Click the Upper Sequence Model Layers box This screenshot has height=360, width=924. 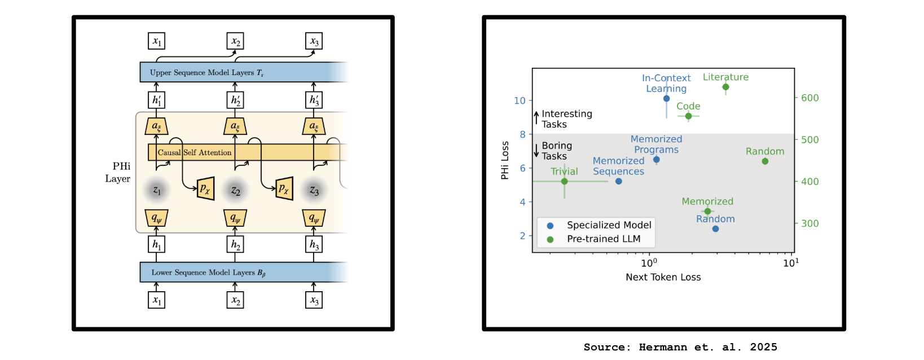(237, 72)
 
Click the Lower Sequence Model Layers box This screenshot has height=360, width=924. (237, 272)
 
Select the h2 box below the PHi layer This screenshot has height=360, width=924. (235, 244)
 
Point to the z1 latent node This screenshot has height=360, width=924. (157, 190)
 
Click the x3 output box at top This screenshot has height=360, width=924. (314, 42)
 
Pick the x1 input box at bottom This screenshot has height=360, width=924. (157, 300)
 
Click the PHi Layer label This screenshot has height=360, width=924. (118, 172)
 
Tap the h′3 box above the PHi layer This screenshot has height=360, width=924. (314, 100)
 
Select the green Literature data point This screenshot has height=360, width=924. (725, 87)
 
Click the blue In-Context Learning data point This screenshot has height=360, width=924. (666, 98)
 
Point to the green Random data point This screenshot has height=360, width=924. (765, 161)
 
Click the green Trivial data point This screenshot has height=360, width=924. (564, 181)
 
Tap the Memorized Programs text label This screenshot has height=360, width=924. (656, 144)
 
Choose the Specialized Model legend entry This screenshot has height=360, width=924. (609, 225)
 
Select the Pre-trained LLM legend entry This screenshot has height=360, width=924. (603, 239)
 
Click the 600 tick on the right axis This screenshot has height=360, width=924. (809, 98)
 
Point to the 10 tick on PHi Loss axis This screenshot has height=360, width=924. (520, 100)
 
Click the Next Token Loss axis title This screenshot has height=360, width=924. (663, 277)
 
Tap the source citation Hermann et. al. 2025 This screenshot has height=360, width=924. (680, 347)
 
